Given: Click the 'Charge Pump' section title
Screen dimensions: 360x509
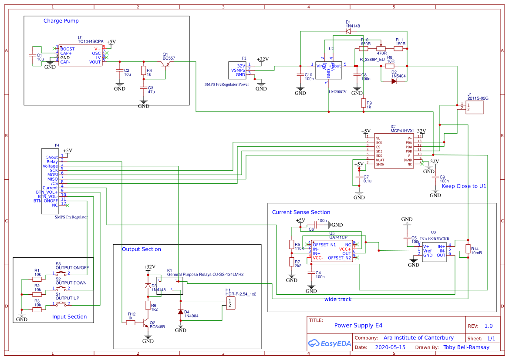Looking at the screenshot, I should (61, 21).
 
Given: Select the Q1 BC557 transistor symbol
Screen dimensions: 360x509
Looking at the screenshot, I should (165, 64).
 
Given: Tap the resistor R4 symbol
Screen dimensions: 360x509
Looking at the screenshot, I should (143, 71).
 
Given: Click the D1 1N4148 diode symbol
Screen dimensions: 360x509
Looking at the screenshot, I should (348, 31).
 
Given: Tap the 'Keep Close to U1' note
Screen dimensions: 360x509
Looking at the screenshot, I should (464, 186).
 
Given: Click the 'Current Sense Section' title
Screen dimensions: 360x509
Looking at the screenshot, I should (301, 212).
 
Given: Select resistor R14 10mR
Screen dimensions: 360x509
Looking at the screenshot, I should (468, 249).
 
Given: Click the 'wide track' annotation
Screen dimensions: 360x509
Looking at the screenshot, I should (338, 299).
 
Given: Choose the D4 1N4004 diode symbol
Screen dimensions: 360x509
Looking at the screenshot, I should (181, 312).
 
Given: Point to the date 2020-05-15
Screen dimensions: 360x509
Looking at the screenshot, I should (390, 347).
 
